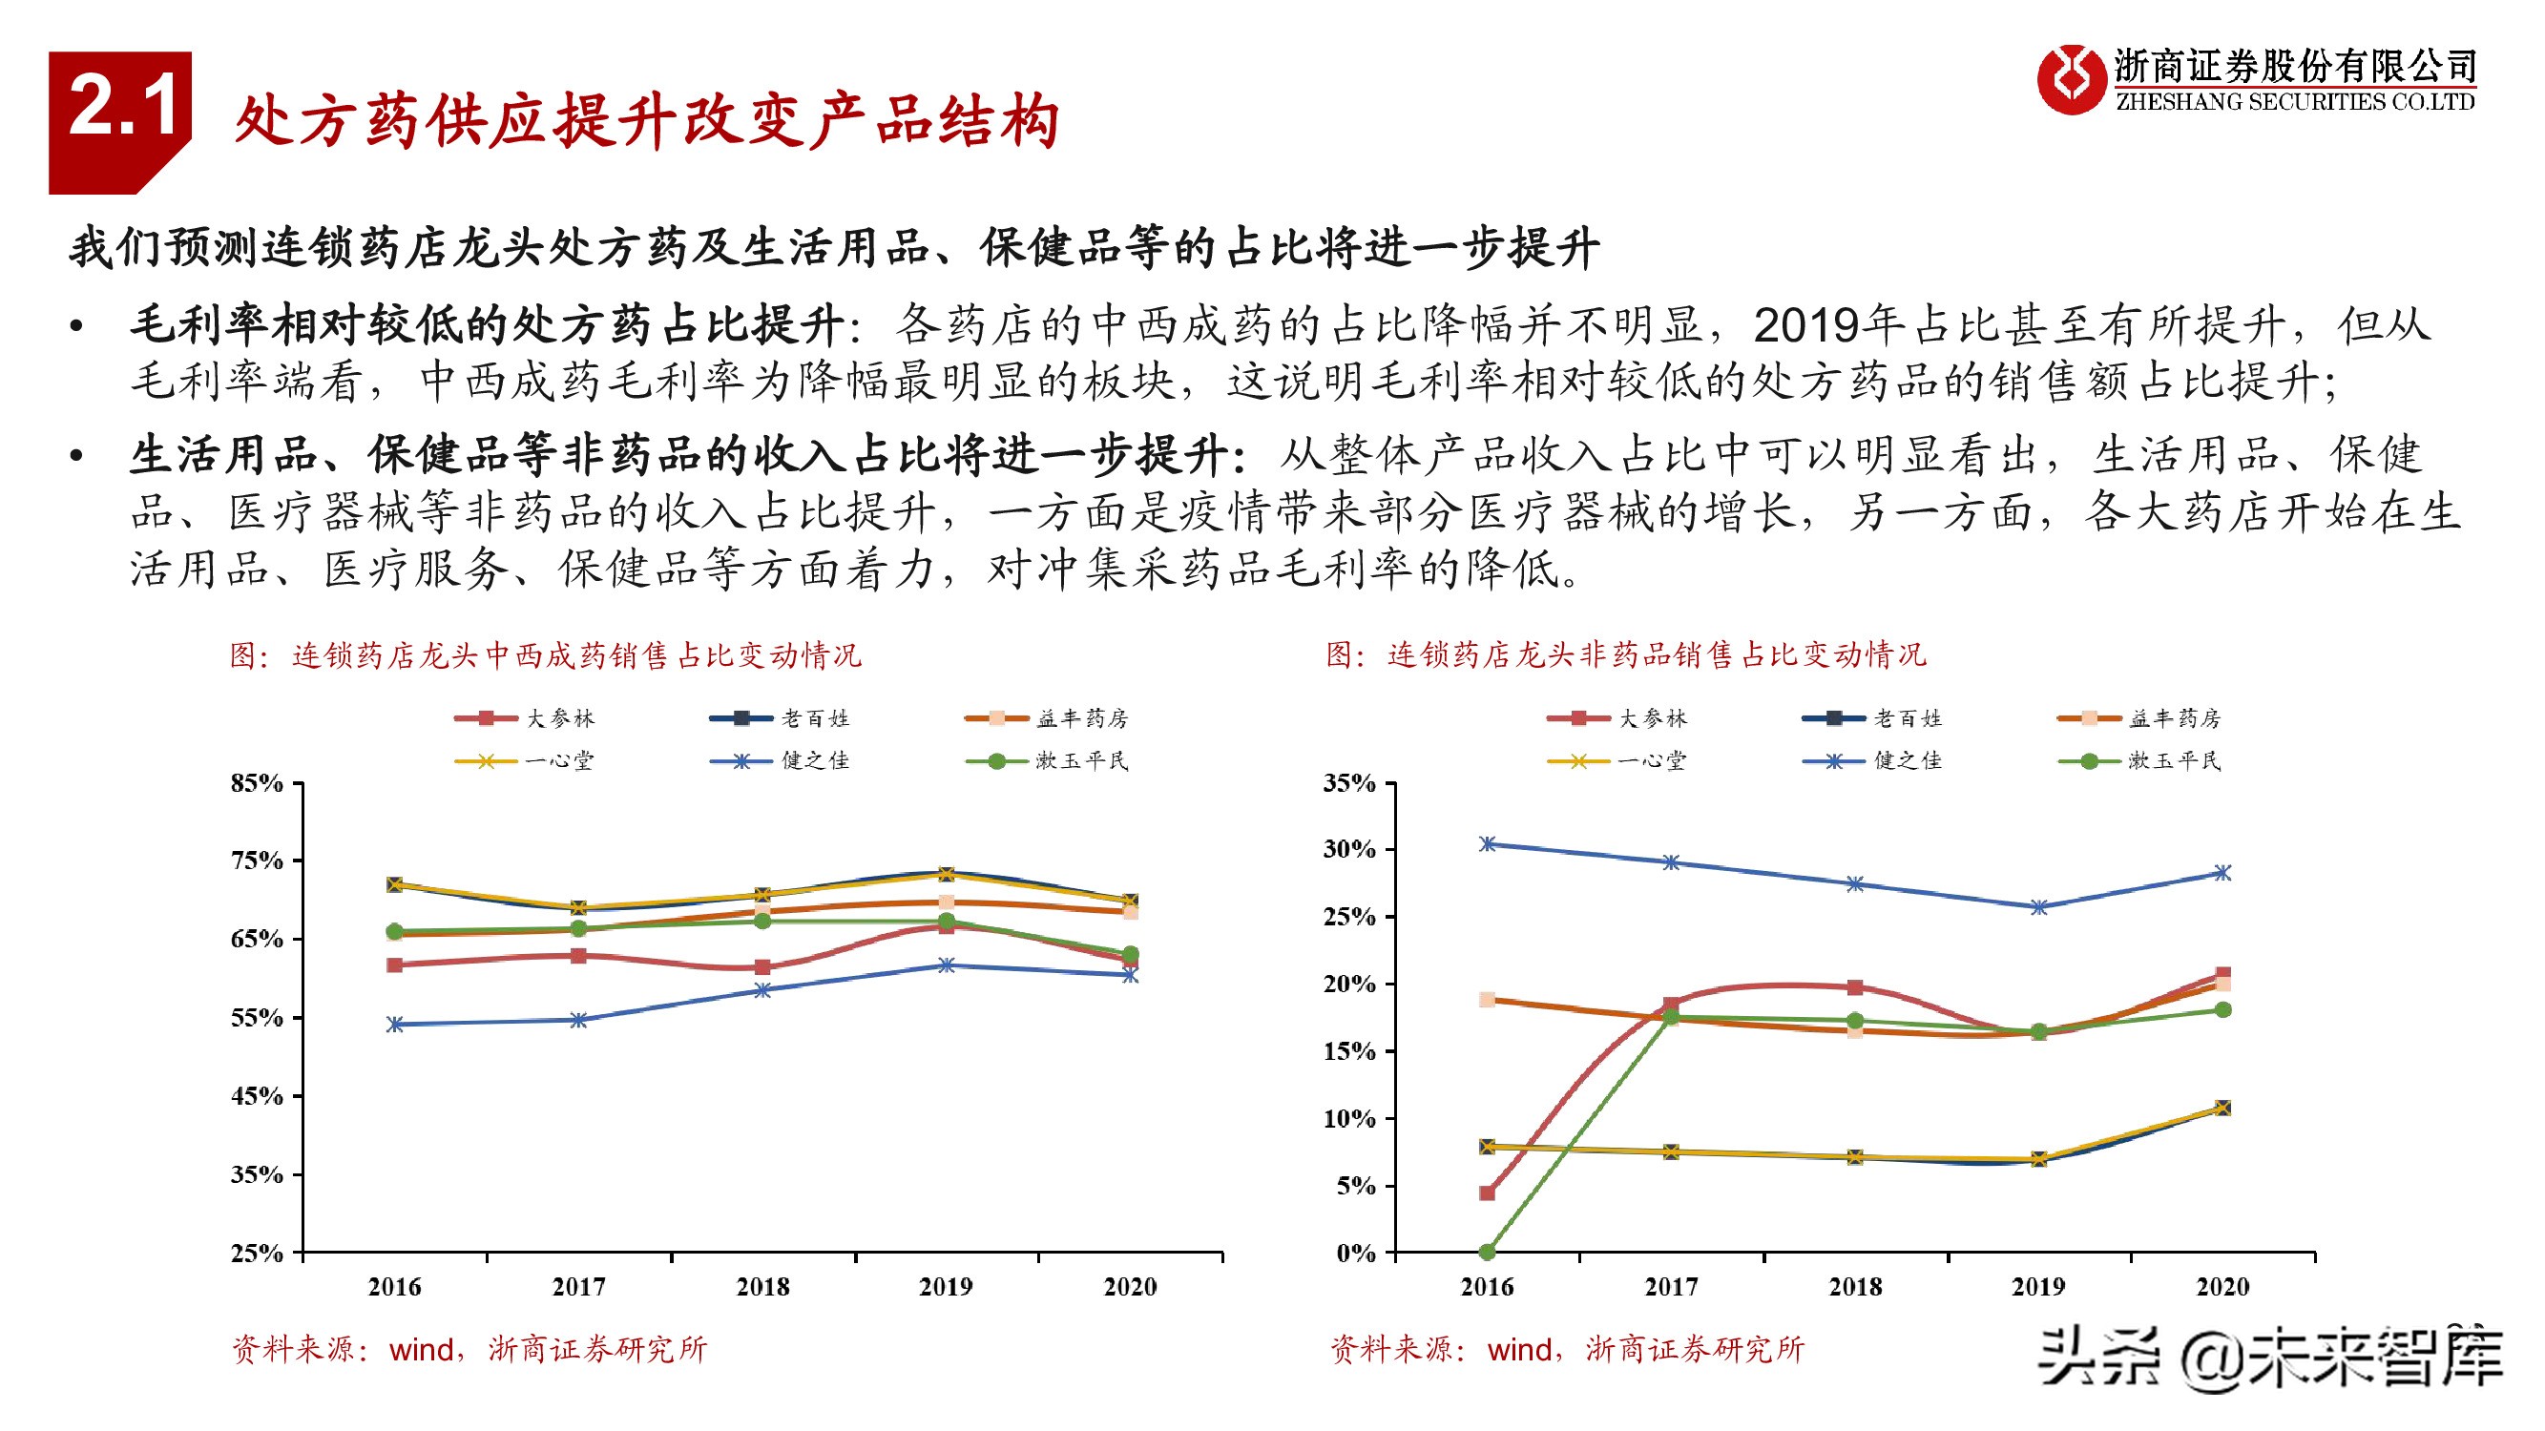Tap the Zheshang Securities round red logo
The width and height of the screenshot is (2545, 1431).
point(2071,79)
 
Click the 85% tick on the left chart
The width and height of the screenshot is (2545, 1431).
point(257,784)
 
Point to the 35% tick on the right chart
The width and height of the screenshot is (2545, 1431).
point(1348,784)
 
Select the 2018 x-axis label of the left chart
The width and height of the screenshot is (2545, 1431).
point(761,1287)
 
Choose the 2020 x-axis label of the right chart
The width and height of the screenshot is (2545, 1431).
point(2222,1287)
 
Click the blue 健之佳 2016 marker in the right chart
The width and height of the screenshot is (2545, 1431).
point(1487,843)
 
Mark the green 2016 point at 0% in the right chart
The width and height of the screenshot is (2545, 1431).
point(1487,1253)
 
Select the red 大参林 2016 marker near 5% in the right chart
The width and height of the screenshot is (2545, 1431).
point(1487,1193)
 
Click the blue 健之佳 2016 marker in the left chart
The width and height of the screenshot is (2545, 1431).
point(395,1024)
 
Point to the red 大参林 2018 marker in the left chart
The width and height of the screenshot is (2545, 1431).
point(761,966)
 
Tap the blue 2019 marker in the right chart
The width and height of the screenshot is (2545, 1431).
point(2038,906)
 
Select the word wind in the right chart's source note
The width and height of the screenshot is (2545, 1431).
point(1520,1349)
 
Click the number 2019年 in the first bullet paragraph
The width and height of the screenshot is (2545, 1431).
point(1827,325)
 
